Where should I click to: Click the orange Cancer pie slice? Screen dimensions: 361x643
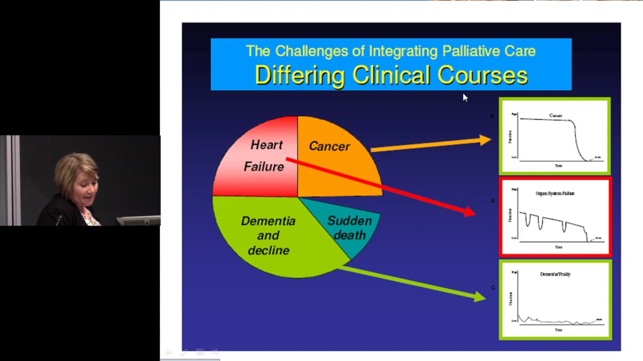click(x=337, y=160)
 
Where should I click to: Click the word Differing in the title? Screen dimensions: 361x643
click(x=299, y=76)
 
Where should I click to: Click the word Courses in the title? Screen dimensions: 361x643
click(x=482, y=76)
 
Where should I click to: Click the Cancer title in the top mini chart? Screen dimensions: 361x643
click(x=556, y=116)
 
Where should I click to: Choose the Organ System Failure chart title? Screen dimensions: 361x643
click(x=555, y=193)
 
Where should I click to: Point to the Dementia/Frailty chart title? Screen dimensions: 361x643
click(x=555, y=274)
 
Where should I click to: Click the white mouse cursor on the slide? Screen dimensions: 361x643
click(x=465, y=97)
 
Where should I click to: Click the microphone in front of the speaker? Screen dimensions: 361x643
click(x=59, y=219)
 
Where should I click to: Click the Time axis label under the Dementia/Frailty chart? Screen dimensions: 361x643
click(x=558, y=330)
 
